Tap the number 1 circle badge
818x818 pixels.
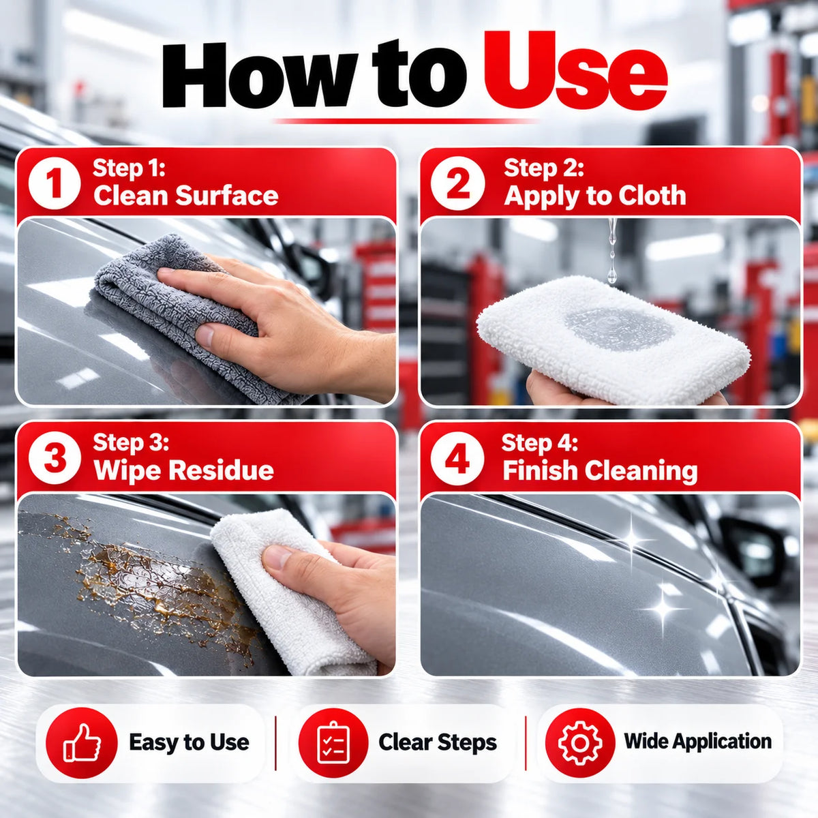point(55,183)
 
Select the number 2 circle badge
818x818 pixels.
point(457,183)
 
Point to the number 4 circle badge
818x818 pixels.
point(457,459)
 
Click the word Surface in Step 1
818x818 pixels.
point(227,196)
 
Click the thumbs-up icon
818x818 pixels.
point(82,743)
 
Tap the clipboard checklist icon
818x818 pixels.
point(333,742)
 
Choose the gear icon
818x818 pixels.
point(580,742)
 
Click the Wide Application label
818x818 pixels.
point(698,741)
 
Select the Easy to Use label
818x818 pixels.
point(189,742)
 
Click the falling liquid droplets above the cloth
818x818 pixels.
point(611,250)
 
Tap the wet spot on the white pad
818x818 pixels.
point(619,328)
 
